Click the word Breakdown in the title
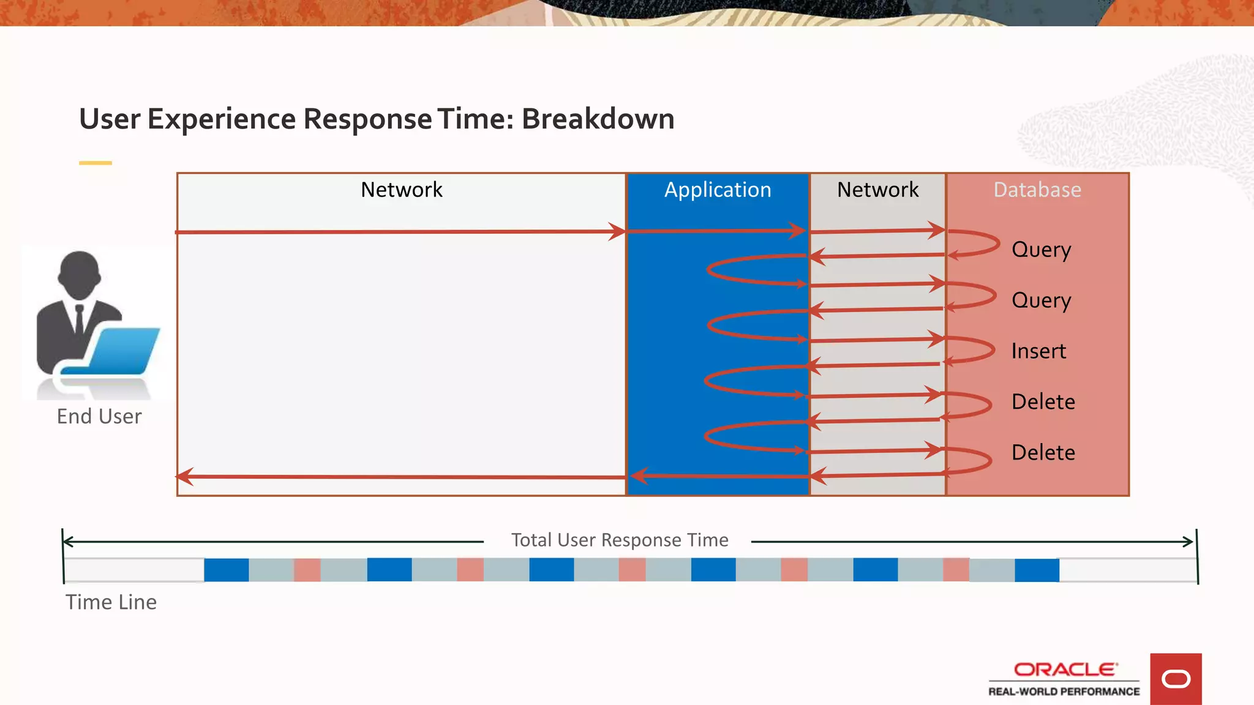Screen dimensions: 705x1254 [598, 119]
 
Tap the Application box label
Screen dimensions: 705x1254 [718, 190]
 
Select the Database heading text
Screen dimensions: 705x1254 [1037, 190]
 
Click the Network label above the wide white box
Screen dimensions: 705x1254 [401, 190]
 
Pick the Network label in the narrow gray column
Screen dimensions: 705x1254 [877, 190]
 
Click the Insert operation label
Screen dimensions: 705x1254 [1038, 351]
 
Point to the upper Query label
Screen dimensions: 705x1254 [1041, 250]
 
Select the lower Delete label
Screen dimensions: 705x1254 [1043, 453]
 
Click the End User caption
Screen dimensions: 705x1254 [99, 417]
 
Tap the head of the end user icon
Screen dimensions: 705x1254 [80, 273]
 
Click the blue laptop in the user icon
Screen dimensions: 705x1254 [122, 350]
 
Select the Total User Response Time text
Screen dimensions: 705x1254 [620, 540]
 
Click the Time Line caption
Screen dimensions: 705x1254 [111, 602]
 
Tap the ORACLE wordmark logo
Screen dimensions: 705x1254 [1064, 670]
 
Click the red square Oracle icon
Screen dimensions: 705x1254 [1176, 679]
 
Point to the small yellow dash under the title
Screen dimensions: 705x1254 [96, 163]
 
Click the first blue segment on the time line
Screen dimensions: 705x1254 [227, 570]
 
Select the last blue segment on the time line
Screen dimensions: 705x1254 [1037, 570]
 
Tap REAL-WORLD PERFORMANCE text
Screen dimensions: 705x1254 [1064, 692]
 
